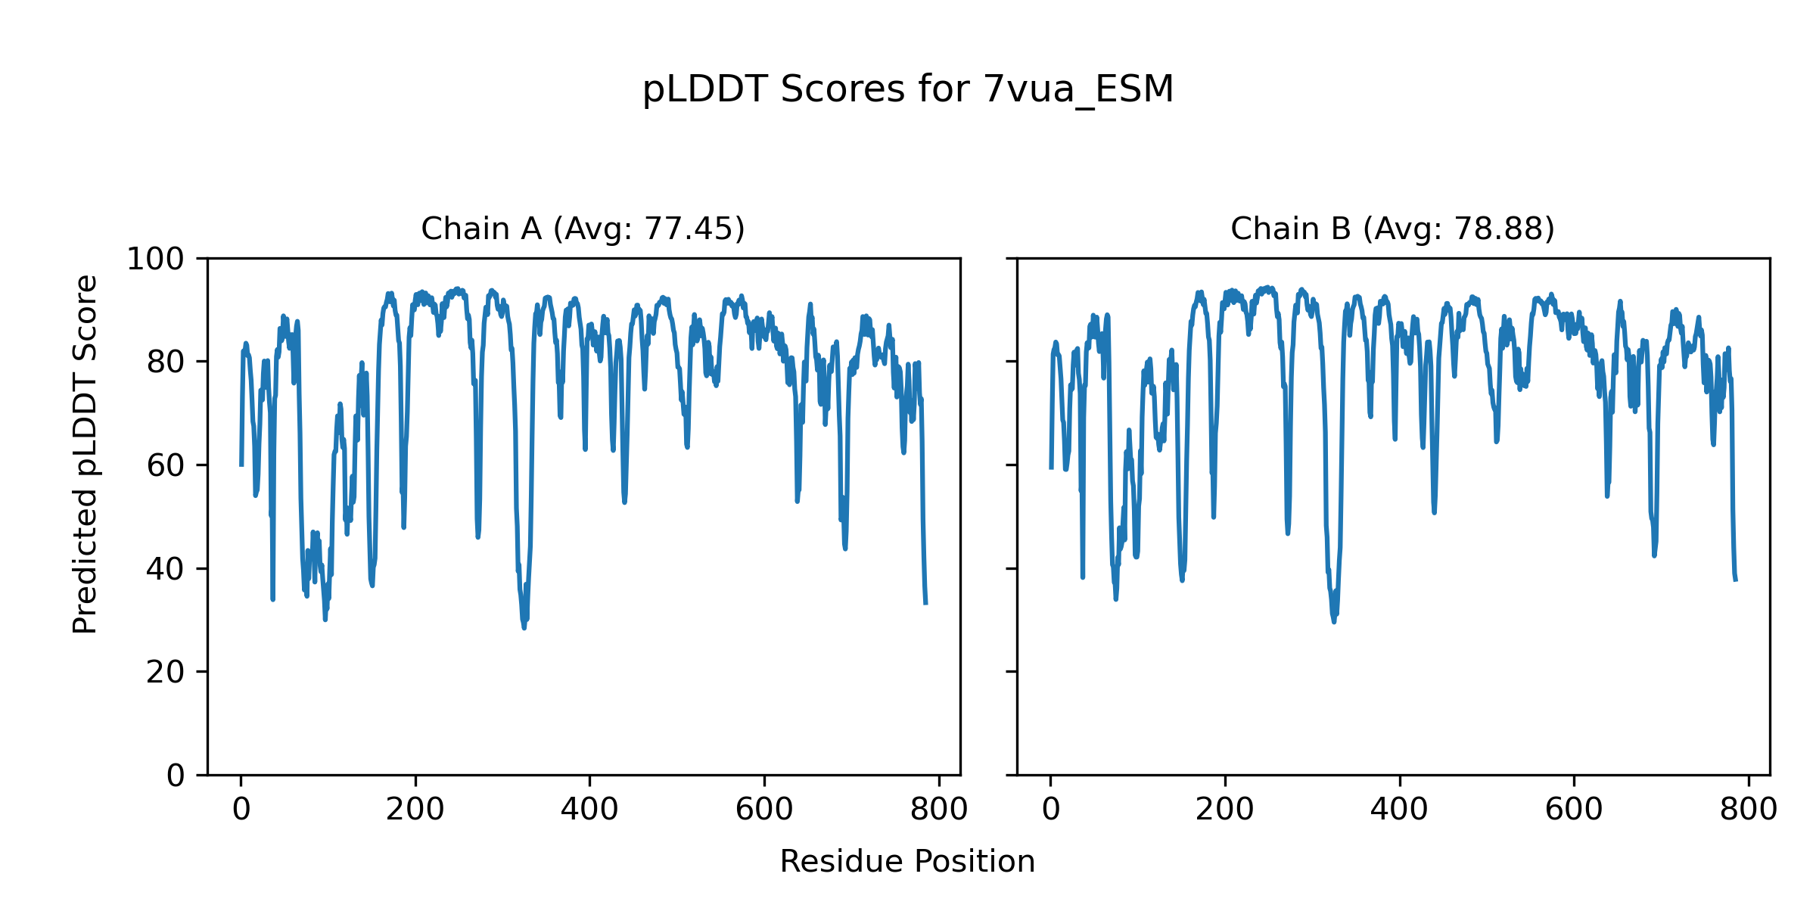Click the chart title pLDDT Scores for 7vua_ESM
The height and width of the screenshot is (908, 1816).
click(907, 90)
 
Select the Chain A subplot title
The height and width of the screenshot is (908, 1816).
click(583, 229)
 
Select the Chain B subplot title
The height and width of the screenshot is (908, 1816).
click(1392, 229)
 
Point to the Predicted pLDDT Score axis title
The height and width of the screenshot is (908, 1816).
click(86, 454)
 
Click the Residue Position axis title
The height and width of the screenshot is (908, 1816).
click(907, 862)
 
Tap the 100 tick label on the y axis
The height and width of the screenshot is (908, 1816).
click(155, 260)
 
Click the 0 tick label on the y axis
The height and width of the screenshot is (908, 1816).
click(176, 776)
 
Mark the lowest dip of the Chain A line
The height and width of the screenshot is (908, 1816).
click(524, 627)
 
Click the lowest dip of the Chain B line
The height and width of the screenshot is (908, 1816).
click(1333, 622)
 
